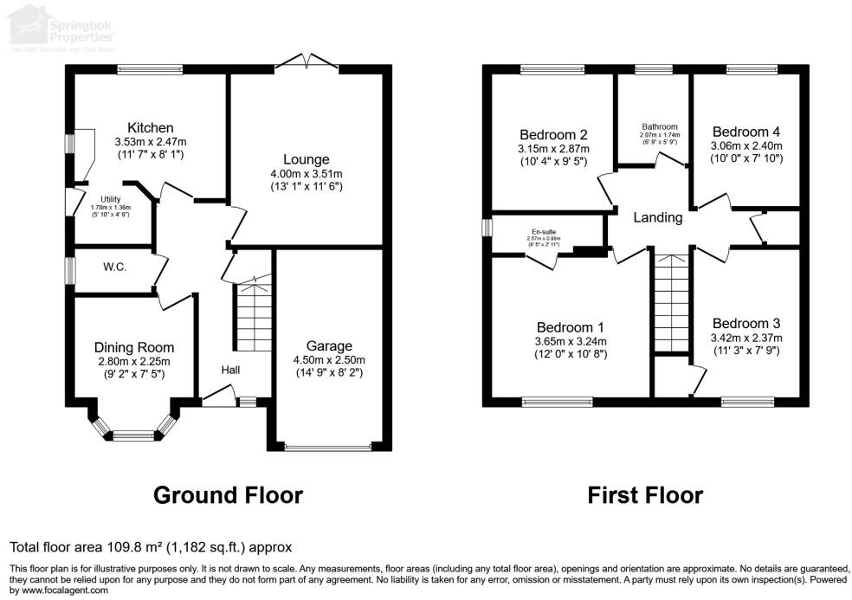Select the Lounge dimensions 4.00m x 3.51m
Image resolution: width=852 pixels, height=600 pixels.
[306, 174]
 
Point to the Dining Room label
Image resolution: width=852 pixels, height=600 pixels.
[133, 347]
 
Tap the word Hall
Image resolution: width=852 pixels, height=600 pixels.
[230, 370]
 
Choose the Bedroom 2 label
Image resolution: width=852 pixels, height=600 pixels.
[554, 134]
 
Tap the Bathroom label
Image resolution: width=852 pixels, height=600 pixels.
[660, 126]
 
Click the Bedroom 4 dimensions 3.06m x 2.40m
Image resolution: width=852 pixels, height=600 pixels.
[745, 146]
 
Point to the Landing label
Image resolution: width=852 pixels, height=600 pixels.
[658, 217]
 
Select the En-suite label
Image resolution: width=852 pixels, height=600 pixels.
[543, 232]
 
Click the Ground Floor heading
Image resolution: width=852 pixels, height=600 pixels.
[228, 495]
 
